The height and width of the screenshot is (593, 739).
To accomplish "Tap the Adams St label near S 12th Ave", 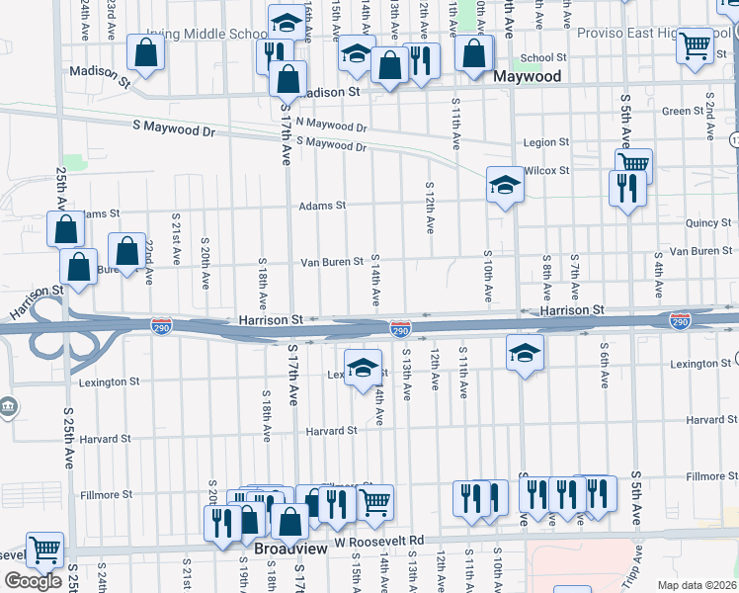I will [x=323, y=206].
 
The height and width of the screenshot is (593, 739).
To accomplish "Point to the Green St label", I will [x=682, y=111].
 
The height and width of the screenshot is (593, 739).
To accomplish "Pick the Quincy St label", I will [x=707, y=223].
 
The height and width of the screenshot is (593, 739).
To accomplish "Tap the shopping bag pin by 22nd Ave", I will [x=125, y=251].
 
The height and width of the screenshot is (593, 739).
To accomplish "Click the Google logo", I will [x=33, y=581].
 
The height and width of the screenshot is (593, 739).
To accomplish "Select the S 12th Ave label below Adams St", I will [x=430, y=208].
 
